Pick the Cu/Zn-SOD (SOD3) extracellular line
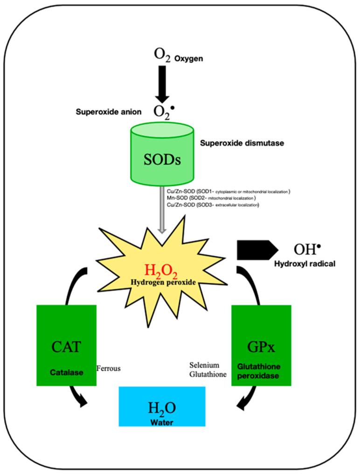pos(213,204)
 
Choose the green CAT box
pos(66,346)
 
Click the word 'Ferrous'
pos(108,368)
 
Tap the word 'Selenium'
pos(205,364)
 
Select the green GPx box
pos(261,346)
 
